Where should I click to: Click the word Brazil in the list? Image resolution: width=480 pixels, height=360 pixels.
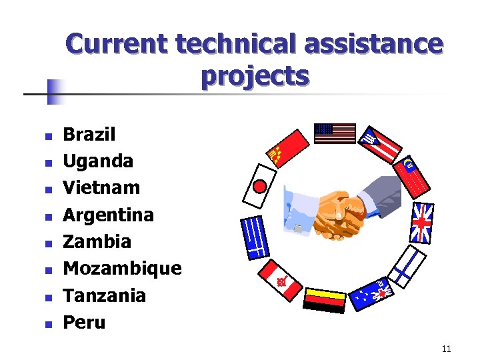[89, 135]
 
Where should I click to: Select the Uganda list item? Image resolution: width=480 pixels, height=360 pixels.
[98, 161]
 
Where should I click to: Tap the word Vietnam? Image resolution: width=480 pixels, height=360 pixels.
[101, 188]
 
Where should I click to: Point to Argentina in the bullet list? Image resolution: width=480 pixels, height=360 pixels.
[108, 215]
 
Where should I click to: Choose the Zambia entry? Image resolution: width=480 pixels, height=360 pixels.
[97, 241]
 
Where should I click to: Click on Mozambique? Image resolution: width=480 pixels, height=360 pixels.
[122, 268]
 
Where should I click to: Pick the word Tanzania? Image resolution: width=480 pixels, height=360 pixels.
[104, 295]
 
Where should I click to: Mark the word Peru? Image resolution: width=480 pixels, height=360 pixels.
[84, 322]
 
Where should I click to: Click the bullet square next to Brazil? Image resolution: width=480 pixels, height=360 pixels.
[47, 137]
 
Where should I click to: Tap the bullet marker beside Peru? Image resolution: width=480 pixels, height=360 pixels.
[47, 325]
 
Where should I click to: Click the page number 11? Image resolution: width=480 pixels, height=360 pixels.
[446, 349]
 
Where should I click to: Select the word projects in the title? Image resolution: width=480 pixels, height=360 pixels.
[254, 76]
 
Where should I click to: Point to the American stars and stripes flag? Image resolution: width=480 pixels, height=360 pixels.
[335, 133]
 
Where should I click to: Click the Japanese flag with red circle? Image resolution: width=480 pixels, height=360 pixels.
[259, 185]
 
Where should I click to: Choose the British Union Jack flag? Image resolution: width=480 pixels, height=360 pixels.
[422, 223]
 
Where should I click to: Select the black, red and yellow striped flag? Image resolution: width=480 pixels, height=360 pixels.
[324, 299]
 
